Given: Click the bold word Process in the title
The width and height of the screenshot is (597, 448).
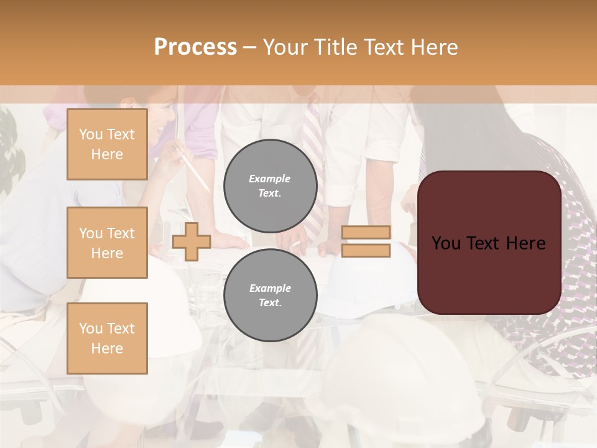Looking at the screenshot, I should [195, 47].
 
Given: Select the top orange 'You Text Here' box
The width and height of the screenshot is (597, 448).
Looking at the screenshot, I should [107, 144].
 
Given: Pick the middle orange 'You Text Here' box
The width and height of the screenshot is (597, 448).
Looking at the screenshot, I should [107, 243].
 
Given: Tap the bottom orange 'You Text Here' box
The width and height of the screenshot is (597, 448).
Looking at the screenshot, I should [107, 338].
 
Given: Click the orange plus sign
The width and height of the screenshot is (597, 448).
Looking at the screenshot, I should [192, 241].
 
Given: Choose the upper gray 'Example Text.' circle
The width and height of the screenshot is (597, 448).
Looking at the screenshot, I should [270, 185].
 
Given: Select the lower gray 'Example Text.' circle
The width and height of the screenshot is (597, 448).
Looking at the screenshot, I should [270, 295].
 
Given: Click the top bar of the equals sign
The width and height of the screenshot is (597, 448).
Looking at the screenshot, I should [366, 233].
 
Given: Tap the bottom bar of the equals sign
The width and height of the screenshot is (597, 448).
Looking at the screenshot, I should [366, 250].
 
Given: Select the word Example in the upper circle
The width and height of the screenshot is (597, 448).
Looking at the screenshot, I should [270, 179].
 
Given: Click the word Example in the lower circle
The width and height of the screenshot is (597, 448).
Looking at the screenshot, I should [270, 288].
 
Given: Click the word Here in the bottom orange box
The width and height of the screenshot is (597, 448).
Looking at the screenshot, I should [107, 348].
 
